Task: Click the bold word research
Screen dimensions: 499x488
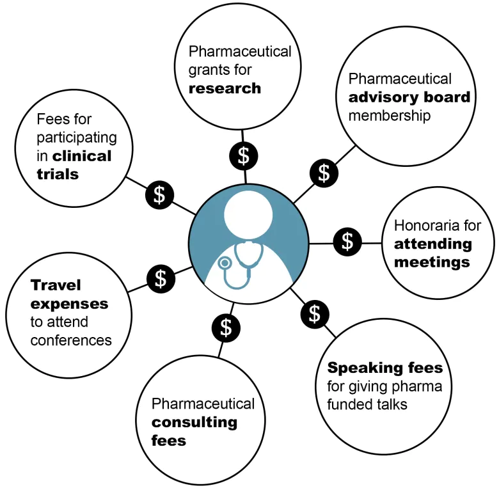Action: coord(225,88)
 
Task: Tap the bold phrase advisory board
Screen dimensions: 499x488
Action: coord(409,97)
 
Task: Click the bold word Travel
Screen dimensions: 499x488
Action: coord(56,285)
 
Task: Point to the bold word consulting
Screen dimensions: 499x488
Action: coord(194,423)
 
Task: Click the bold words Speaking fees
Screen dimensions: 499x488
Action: coord(385,368)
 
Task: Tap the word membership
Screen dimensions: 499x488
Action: coord(390,116)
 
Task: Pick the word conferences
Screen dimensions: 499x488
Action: coord(71,340)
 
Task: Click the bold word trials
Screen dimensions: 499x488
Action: coord(58,175)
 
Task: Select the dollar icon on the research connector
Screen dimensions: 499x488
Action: coord(244,156)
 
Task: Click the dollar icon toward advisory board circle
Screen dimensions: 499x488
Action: coord(324,173)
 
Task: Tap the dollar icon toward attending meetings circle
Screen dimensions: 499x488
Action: coord(347,242)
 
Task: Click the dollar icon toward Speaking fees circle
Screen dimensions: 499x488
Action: coord(315,314)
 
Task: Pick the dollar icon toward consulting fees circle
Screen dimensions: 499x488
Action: coord(226,328)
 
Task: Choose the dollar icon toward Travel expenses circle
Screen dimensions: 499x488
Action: coord(161,279)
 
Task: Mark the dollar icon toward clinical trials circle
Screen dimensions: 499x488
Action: coord(159,195)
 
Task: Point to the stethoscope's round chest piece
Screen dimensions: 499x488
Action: coord(225,263)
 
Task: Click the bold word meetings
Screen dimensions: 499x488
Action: coord(432,262)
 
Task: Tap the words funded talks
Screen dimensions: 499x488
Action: coord(367,405)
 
